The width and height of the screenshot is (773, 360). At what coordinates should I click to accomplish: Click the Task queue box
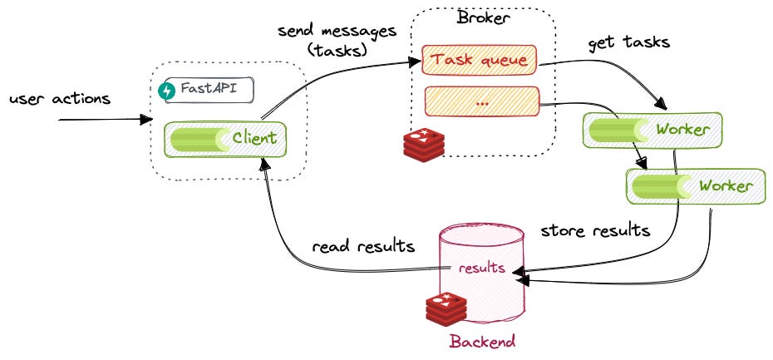[480, 60]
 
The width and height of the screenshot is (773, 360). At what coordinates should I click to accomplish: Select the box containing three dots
[482, 101]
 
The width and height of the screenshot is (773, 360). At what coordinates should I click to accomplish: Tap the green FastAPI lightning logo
[166, 91]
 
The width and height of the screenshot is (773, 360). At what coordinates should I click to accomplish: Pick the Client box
[225, 140]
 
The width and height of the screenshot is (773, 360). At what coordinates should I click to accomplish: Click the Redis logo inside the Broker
[424, 145]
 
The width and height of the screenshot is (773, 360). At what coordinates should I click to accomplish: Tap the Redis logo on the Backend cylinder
[446, 309]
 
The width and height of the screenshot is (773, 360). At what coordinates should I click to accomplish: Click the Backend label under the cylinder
[483, 341]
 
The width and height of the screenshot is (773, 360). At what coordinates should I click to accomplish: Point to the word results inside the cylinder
[481, 268]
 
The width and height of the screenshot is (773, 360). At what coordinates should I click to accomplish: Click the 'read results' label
[363, 246]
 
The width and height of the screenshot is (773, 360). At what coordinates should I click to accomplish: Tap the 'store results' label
[595, 230]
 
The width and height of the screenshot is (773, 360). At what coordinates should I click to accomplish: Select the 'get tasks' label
[629, 42]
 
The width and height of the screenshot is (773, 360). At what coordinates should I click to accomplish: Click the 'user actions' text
[60, 99]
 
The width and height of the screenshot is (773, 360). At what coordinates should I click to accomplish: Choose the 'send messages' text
[337, 31]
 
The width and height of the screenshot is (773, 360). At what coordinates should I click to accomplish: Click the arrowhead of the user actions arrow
[147, 120]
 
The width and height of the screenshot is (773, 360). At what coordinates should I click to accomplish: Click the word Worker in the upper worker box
[682, 130]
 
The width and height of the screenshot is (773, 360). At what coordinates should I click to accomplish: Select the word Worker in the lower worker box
[726, 186]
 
